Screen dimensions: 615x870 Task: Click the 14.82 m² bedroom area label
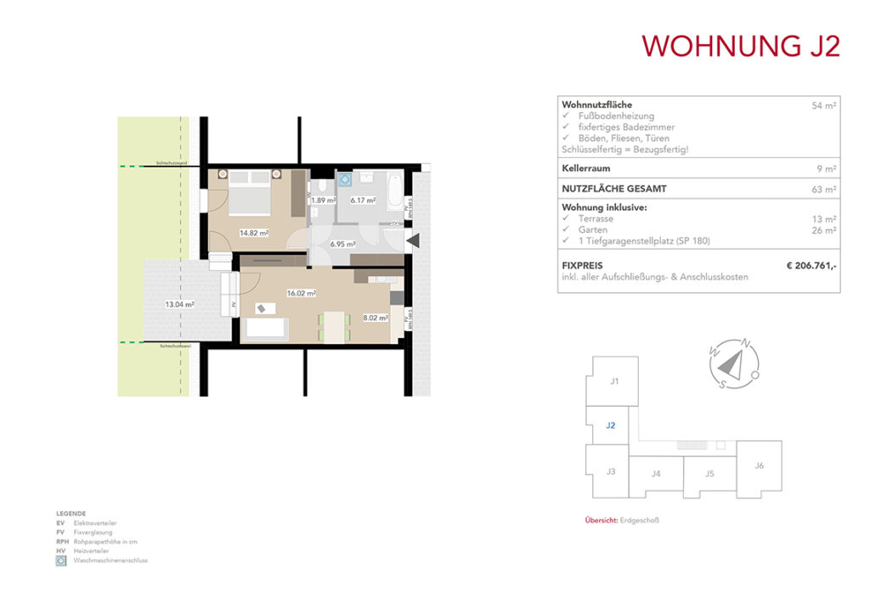[x=254, y=233]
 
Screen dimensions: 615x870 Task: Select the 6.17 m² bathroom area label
[x=363, y=200]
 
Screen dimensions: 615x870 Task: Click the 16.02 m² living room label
[x=302, y=293]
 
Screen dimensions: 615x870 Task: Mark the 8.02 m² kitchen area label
[x=375, y=318]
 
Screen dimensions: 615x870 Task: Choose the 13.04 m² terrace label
[x=181, y=303]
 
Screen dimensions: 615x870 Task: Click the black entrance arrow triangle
[x=413, y=242]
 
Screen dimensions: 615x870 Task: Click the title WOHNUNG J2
[x=740, y=46]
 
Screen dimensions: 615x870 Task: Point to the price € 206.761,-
[x=811, y=266]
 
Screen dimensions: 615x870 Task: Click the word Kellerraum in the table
[x=586, y=168]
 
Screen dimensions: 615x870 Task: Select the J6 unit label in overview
[x=759, y=465]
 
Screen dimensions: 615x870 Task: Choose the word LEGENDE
[x=71, y=514]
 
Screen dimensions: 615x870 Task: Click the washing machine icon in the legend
[x=61, y=561]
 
